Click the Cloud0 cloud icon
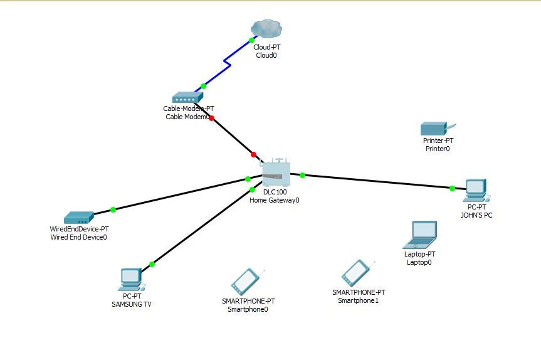point(266,28)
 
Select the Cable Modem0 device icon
point(186,97)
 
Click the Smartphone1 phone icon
point(355,273)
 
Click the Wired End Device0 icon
point(79,218)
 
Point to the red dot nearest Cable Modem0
point(212,118)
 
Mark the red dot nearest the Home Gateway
point(254,154)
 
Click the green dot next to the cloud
point(251,40)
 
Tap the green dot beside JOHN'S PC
point(452,188)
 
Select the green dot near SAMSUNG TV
point(152,264)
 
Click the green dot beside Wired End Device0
point(113,209)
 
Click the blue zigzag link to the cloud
point(227,63)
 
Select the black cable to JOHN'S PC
point(376,181)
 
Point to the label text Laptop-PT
point(419,254)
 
